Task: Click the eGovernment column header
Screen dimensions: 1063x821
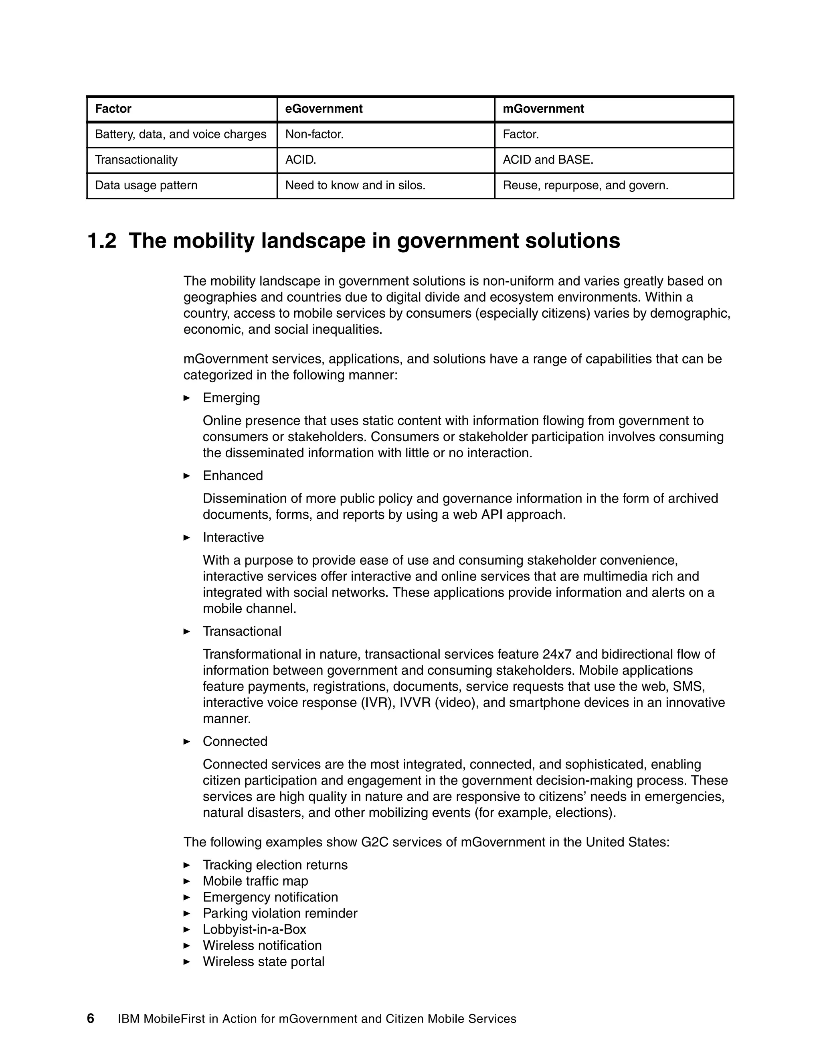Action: (324, 109)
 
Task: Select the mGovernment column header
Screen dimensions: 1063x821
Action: (543, 109)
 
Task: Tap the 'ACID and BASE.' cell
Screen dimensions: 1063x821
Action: (548, 160)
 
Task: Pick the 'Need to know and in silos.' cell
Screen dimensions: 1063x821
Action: (355, 185)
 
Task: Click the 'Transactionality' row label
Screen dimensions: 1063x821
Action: (136, 160)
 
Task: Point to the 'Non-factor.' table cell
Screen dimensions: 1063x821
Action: (314, 134)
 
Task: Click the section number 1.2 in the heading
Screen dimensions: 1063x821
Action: (102, 241)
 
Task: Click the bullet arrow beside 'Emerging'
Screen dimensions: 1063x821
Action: (187, 398)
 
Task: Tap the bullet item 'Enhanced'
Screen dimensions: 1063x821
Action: (233, 475)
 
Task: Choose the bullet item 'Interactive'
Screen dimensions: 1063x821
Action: (233, 538)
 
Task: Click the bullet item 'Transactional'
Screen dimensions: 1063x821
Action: (242, 631)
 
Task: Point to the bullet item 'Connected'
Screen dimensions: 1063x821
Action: (235, 741)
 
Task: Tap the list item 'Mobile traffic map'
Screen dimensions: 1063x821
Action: (255, 881)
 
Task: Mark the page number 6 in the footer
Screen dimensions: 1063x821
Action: (91, 1019)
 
